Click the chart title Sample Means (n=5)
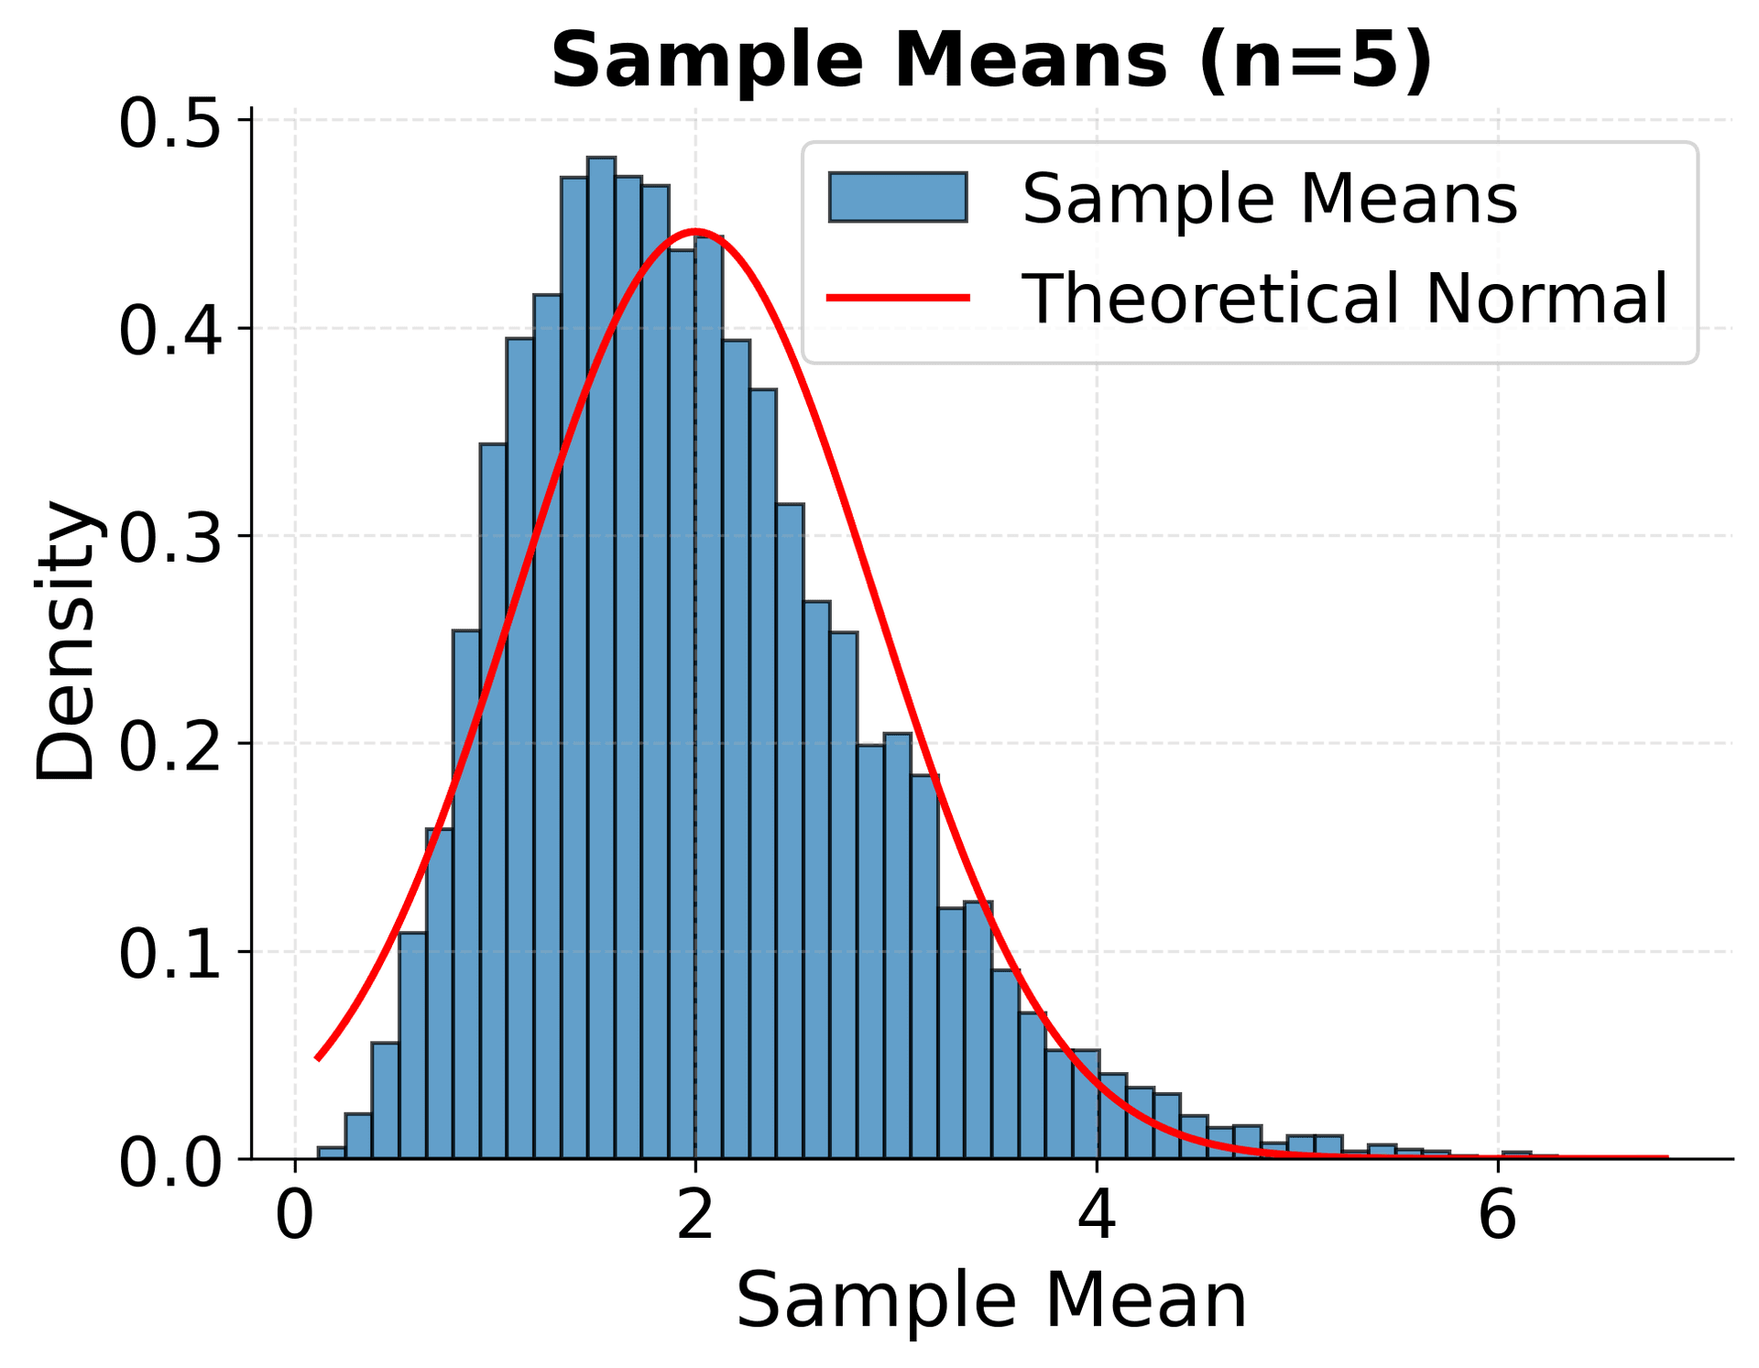point(991,60)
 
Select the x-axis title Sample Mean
point(991,1299)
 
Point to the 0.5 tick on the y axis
point(170,123)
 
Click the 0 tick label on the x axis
point(295,1216)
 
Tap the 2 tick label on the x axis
point(695,1216)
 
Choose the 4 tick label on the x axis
point(1097,1216)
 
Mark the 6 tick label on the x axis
point(1498,1216)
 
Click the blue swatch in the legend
point(898,197)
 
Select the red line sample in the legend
point(898,297)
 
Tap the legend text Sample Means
point(1270,198)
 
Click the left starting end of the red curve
point(317,1058)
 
